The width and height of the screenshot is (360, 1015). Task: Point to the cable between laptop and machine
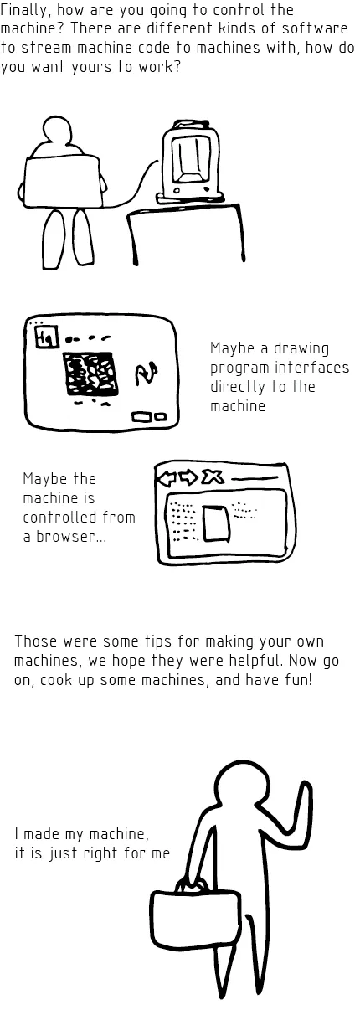[138, 180]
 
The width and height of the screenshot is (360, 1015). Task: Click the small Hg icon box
[43, 337]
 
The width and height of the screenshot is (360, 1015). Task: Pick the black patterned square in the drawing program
[89, 374]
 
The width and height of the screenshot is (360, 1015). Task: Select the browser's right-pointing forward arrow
[188, 477]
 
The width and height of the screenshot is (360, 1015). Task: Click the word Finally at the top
[24, 10]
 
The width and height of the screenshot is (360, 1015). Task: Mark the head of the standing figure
[240, 785]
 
